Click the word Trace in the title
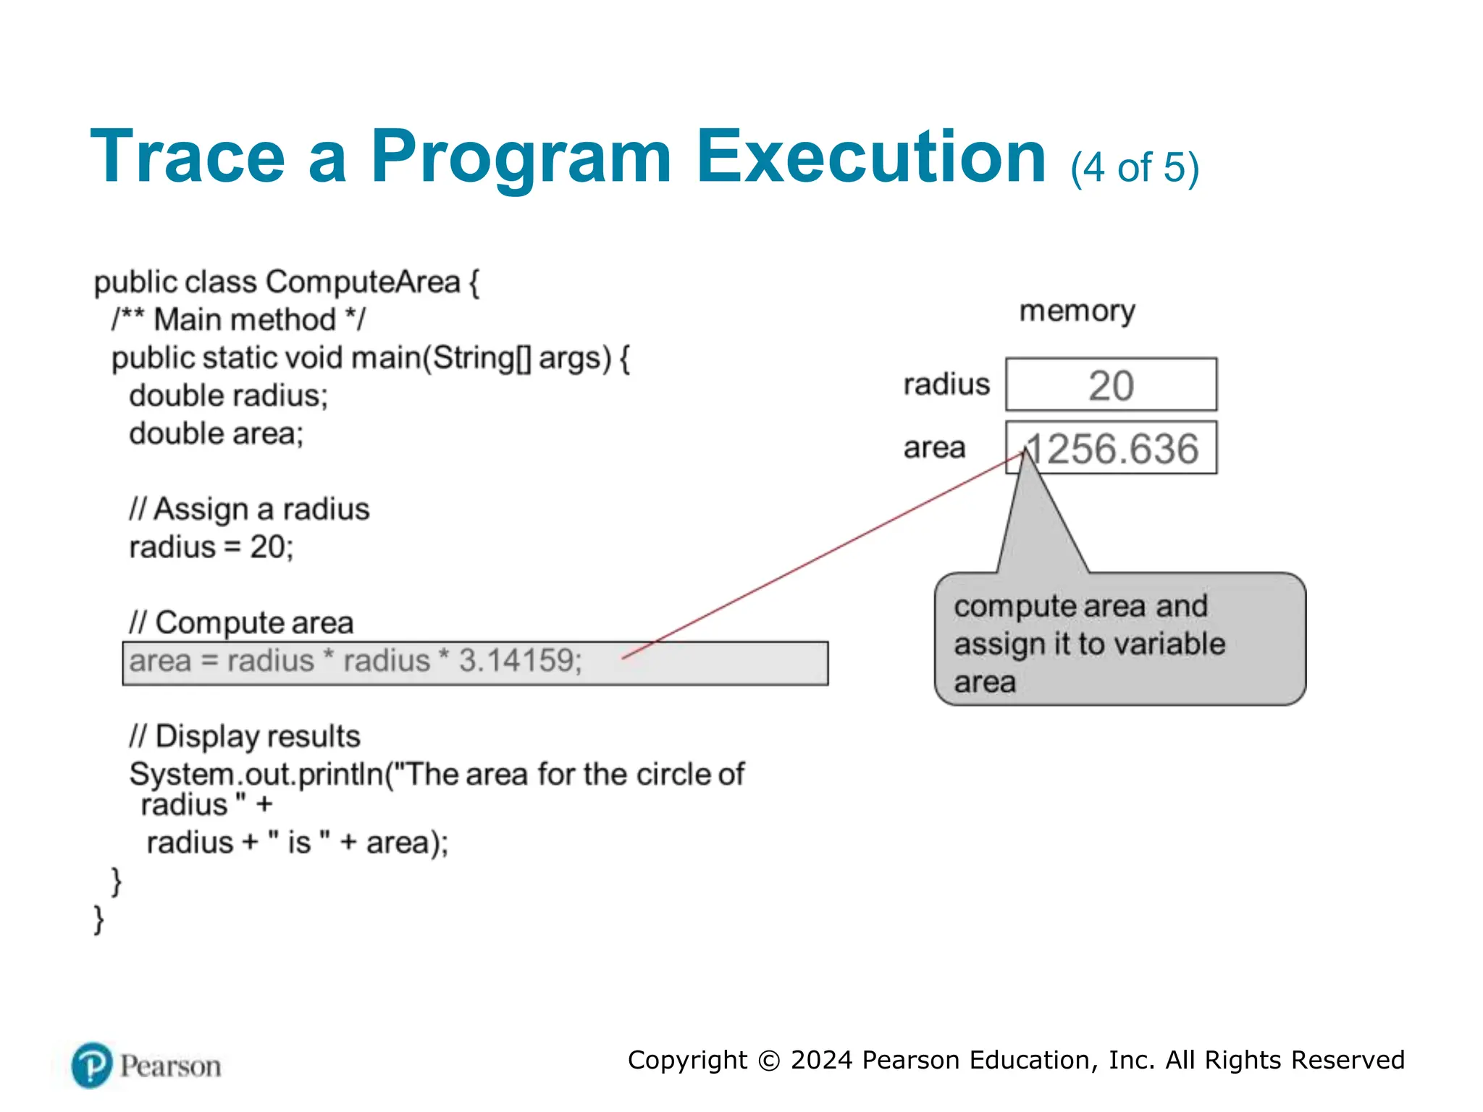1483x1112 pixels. pyautogui.click(x=188, y=157)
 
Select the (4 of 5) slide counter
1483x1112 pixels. pyautogui.click(x=1134, y=168)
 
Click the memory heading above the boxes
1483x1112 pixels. pyautogui.click(x=1077, y=311)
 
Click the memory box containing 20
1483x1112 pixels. pyautogui.click(x=1111, y=384)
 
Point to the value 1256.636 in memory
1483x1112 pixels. pyautogui.click(x=1112, y=449)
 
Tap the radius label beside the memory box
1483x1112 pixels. pyautogui.click(x=946, y=384)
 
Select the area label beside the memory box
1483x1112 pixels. pyautogui.click(x=934, y=448)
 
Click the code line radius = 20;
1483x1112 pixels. pyautogui.click(x=211, y=547)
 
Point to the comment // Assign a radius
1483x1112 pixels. pyautogui.click(x=249, y=510)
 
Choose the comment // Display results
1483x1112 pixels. pyautogui.click(x=245, y=737)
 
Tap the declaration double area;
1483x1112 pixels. pyautogui.click(x=216, y=434)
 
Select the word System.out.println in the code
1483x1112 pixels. pyautogui.click(x=256, y=775)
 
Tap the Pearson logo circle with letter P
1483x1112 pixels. pyautogui.click(x=92, y=1066)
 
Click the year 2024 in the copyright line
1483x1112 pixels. pyautogui.click(x=821, y=1060)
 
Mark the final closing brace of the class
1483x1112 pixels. pyautogui.click(x=99, y=920)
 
